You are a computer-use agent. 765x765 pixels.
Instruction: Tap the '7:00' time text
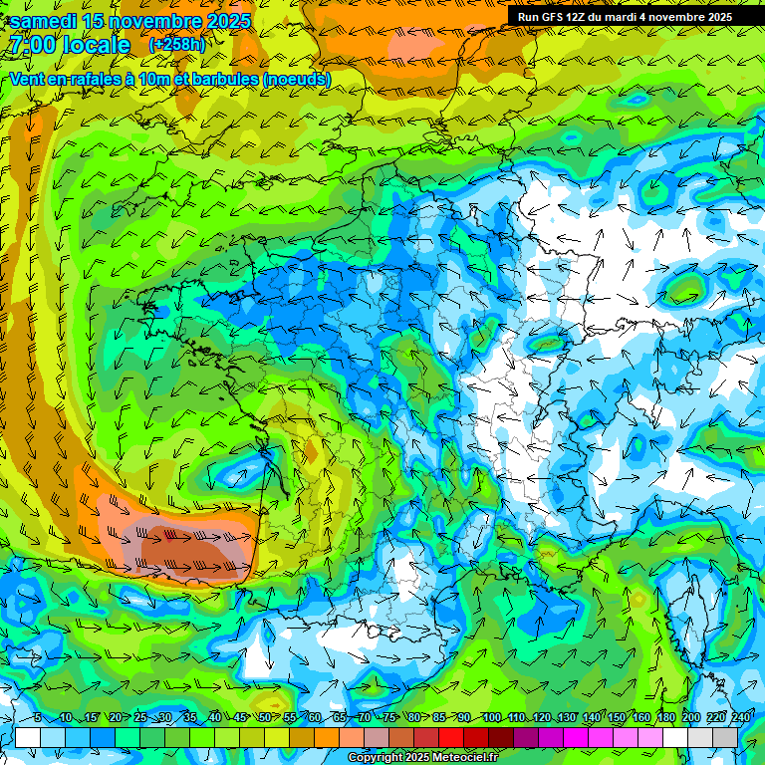pos(34,46)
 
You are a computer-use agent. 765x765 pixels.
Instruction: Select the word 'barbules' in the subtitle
pos(218,80)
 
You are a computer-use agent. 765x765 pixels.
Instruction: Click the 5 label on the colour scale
pos(38,718)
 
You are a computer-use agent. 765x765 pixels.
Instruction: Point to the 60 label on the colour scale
pos(314,718)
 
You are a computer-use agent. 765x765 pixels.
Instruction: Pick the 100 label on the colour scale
pos(491,718)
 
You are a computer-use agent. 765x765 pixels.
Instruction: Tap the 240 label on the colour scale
pos(740,718)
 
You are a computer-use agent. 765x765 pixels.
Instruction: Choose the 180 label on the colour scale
pos(665,718)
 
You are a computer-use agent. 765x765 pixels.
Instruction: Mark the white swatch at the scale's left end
pos(28,737)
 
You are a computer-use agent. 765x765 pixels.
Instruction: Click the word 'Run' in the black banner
pos(529,17)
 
